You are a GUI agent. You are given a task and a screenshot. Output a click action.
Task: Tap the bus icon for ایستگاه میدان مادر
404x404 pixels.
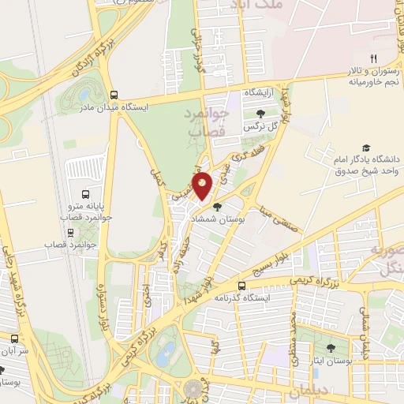pos(114,93)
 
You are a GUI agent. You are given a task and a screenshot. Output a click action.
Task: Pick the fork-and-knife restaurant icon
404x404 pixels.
pos(374,58)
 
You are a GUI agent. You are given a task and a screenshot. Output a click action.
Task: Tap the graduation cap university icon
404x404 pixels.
pos(366,148)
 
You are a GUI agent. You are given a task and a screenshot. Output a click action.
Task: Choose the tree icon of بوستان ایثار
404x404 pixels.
pos(330,347)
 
